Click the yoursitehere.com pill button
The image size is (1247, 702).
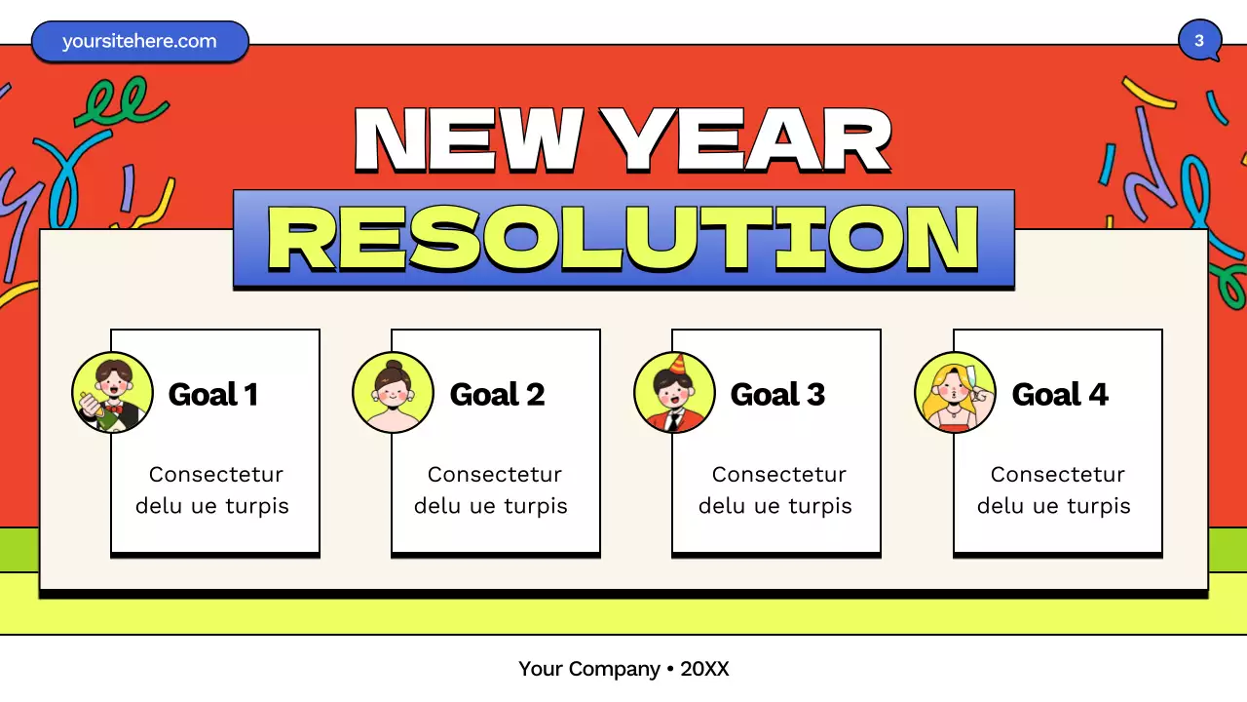139,42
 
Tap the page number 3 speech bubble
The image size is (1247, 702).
1199,41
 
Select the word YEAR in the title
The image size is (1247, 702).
745,139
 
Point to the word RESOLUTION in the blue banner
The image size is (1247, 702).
623,239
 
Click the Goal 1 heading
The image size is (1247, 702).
212,394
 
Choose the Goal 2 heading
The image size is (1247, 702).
497,394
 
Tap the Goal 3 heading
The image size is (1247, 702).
777,394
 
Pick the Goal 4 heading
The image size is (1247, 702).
1060,394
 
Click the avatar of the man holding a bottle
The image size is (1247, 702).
112,392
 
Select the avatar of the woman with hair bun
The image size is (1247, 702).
393,392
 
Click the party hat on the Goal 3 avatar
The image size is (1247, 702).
678,365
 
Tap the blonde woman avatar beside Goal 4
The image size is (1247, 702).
955,392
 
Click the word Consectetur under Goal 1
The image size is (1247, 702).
215,475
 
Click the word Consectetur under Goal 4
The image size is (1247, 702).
1057,475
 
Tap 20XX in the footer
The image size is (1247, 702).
704,669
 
